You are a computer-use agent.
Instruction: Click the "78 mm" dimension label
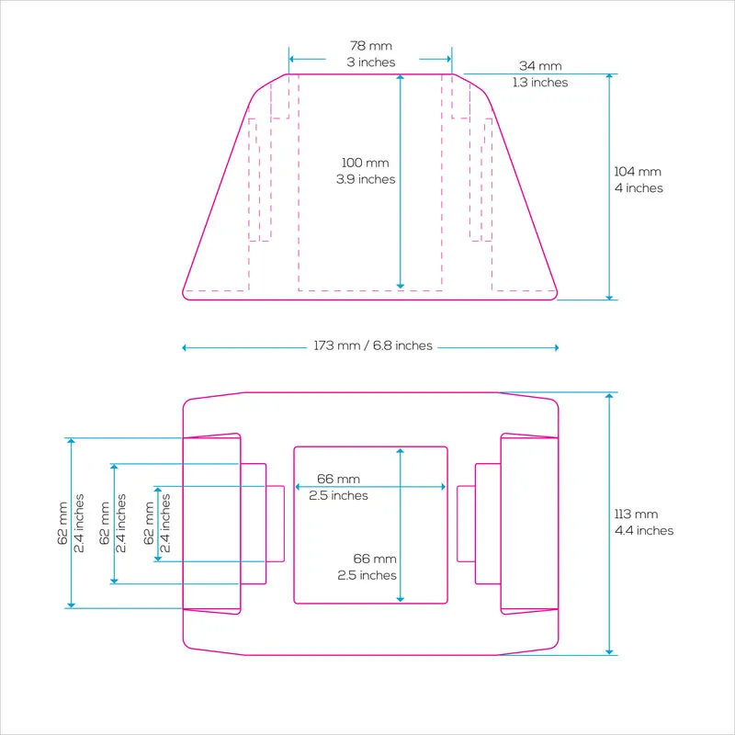[x=371, y=46]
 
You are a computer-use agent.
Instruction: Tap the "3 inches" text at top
[x=371, y=62]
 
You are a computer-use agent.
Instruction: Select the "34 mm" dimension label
[x=540, y=66]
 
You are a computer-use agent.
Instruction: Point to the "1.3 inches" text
[x=540, y=82]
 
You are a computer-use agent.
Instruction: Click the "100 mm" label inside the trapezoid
[x=365, y=163]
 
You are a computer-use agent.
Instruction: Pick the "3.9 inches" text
[x=365, y=179]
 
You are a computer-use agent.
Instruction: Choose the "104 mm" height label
[x=638, y=172]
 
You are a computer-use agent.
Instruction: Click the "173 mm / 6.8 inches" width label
[x=373, y=345]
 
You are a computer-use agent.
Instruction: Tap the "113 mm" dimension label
[x=636, y=514]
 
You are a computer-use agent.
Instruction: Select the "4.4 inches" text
[x=644, y=530]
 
